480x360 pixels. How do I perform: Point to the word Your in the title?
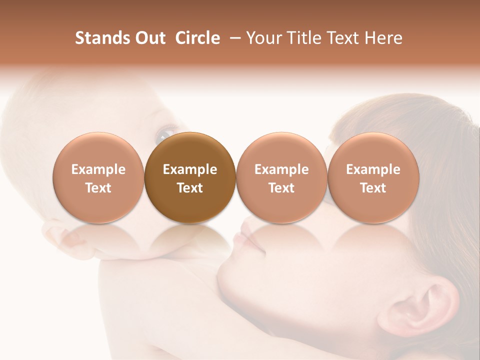263,38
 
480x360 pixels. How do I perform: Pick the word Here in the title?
384,38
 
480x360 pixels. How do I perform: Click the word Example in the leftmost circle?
98,169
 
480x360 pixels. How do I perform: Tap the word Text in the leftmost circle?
98,188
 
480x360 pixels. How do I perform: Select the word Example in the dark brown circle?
190,169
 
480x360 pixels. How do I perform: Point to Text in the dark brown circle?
190,188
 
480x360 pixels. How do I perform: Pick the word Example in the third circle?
281,169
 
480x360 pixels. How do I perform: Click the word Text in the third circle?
281,188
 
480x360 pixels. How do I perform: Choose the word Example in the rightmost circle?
373,169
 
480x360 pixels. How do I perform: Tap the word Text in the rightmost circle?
373,188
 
